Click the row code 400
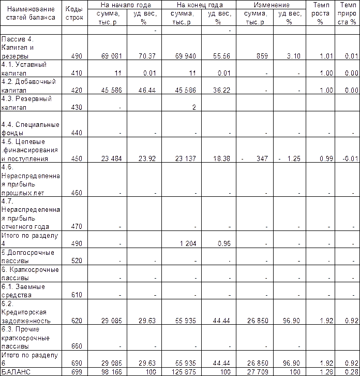point(76,55)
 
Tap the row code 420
point(76,90)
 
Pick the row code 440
point(76,133)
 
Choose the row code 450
point(76,159)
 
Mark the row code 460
point(76,193)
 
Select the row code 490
point(76,243)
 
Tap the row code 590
point(76,260)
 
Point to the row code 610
point(76,295)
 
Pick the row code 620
point(76,321)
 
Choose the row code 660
point(76,345)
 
